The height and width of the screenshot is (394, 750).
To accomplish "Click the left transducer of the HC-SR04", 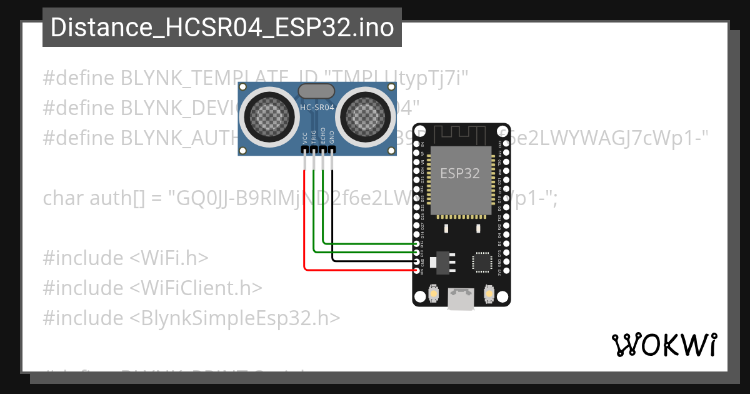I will (x=267, y=115).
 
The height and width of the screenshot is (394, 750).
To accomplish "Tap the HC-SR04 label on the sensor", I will (x=317, y=108).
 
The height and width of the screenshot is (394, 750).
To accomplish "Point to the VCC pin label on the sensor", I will (x=304, y=138).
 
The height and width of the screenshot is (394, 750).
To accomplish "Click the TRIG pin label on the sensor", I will (x=314, y=138).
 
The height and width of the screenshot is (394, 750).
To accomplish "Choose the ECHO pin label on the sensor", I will (x=323, y=138).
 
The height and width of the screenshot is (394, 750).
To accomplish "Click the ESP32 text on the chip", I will (x=460, y=173).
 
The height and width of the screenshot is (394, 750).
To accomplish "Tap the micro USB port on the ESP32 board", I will (x=461, y=301).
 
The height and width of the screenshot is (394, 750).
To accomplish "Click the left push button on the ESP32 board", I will (x=432, y=292).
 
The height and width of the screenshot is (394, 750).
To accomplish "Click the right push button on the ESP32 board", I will (x=489, y=292).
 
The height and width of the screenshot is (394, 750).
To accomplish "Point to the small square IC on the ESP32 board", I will (x=482, y=261).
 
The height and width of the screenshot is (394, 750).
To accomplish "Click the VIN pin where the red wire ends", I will (x=417, y=270).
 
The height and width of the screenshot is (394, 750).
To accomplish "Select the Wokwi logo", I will (x=664, y=344).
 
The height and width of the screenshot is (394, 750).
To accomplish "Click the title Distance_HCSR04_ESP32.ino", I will (x=222, y=28).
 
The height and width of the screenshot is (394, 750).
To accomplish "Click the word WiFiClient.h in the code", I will (x=196, y=288).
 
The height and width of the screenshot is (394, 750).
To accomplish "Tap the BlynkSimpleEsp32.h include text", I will (x=235, y=318).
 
